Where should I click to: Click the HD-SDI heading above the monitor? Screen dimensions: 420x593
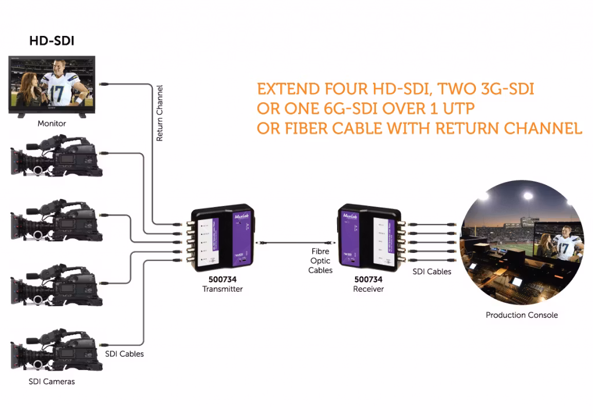pos(52,42)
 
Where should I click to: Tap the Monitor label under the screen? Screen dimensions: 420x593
pos(52,124)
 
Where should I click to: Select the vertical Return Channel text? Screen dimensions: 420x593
pos(160,114)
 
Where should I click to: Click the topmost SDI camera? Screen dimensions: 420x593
pos(56,156)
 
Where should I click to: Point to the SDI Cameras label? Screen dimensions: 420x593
pos(52,382)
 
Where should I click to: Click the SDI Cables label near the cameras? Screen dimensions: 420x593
pos(124,353)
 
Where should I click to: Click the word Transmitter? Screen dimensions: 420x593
pos(222,289)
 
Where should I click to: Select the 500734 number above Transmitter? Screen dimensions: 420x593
pos(222,280)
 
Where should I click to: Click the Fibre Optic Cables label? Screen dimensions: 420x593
pos(320,261)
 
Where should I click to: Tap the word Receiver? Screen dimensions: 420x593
pos(368,289)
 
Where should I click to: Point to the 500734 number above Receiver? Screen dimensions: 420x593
pos(368,280)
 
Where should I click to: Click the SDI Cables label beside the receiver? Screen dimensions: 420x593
pos(431,271)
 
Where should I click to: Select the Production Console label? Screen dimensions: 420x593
pos(522,315)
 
